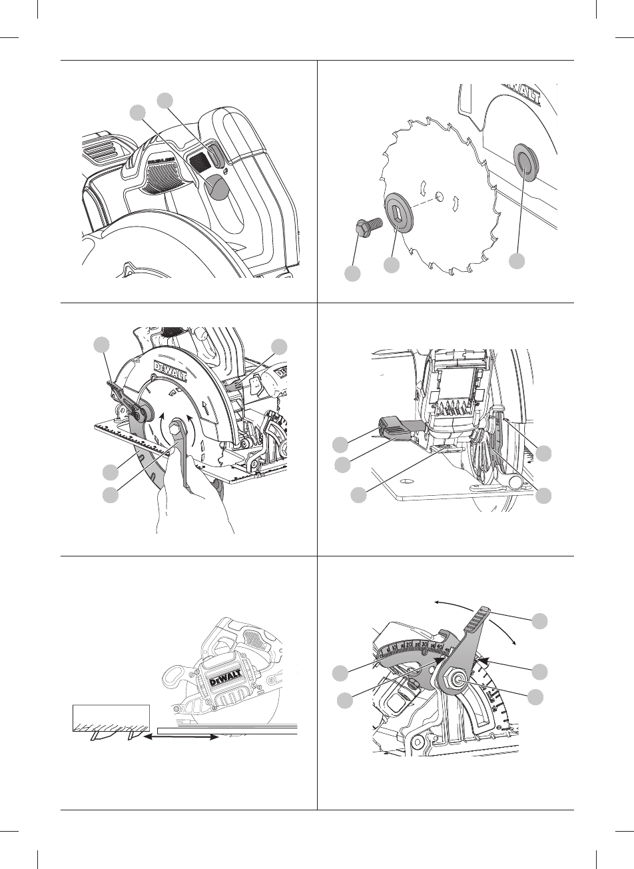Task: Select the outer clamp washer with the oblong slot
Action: [400, 211]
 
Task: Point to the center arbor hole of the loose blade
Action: [439, 195]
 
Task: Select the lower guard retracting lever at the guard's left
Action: [120, 393]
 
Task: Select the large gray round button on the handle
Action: [218, 189]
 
